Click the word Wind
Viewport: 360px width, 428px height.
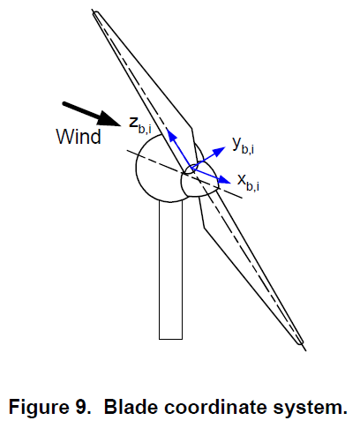[x=79, y=137]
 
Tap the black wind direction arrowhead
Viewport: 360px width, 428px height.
[x=110, y=119]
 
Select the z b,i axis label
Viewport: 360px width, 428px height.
[x=140, y=125]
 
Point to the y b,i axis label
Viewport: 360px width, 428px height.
[x=243, y=146]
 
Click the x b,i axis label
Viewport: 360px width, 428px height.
[x=248, y=183]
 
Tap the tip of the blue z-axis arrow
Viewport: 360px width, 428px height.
[x=167, y=128]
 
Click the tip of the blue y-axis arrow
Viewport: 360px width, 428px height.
[x=225, y=147]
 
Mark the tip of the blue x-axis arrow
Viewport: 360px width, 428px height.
[x=230, y=183]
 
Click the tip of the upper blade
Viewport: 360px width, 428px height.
[x=95, y=12]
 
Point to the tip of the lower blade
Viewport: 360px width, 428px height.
[x=302, y=342]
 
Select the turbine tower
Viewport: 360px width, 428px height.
[x=170, y=270]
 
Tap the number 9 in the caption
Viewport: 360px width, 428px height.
[x=82, y=407]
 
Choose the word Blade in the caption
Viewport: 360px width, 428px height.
[x=131, y=407]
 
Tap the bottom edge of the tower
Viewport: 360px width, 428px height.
[x=170, y=339]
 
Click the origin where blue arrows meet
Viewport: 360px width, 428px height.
[x=191, y=169]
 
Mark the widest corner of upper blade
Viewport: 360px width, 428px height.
[x=191, y=128]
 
